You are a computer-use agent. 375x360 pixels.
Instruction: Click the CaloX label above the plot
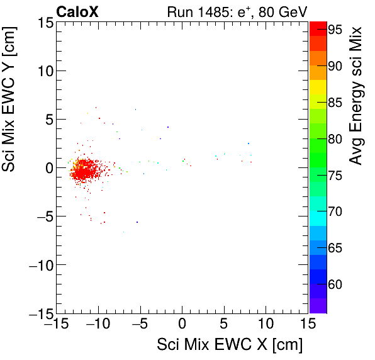77,11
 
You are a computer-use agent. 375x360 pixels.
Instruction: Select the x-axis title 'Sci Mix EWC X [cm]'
230,345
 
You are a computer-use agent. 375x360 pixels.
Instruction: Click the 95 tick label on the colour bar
334,29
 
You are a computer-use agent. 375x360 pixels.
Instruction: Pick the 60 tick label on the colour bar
334,284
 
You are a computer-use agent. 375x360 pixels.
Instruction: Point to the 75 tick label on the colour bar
334,175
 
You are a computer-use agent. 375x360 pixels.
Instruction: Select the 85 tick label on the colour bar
334,102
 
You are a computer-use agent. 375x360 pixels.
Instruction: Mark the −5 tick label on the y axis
42,217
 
